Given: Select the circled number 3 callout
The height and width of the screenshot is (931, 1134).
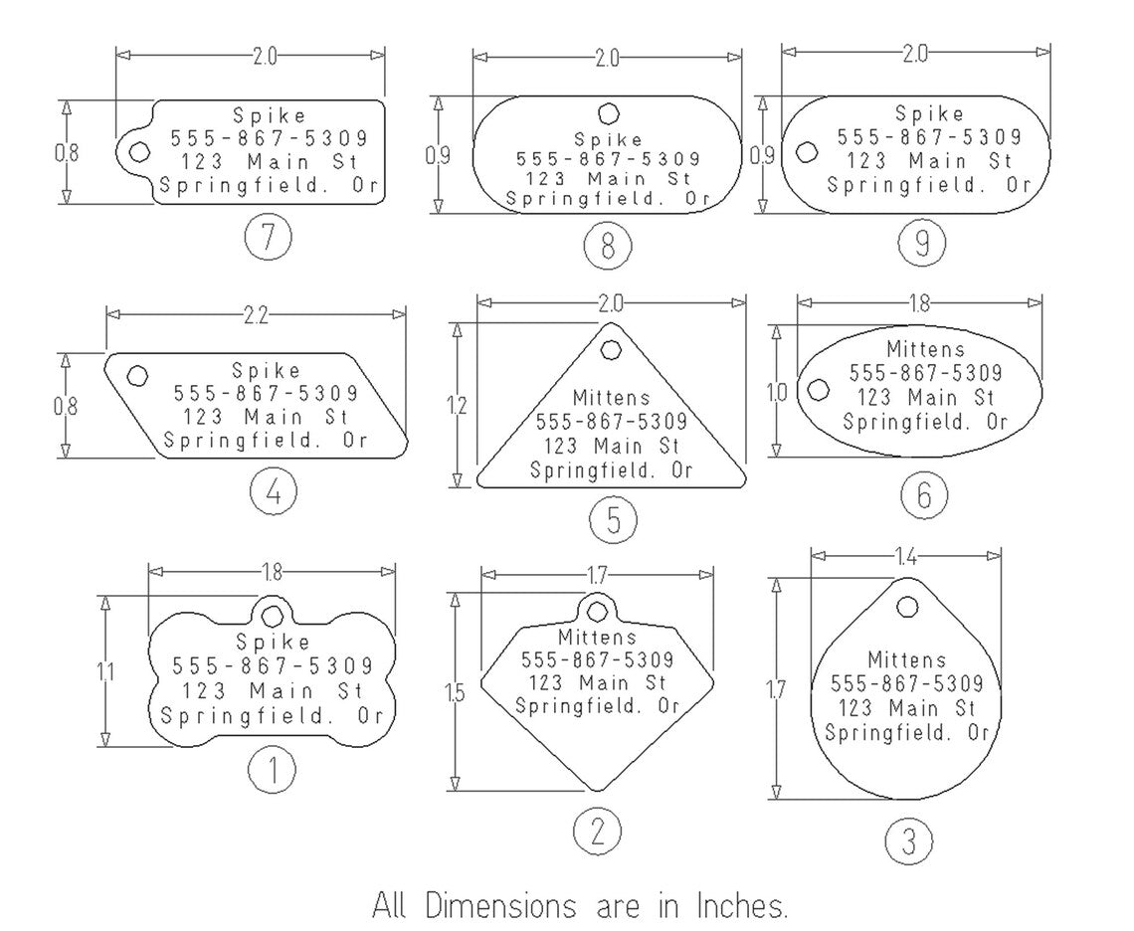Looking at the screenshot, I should [x=907, y=841].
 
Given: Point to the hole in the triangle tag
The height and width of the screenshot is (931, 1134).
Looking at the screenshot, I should [x=610, y=348].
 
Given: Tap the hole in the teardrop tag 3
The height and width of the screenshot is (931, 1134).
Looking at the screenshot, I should [x=907, y=606].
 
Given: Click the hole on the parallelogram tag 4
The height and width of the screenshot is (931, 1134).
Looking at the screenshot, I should [x=138, y=375].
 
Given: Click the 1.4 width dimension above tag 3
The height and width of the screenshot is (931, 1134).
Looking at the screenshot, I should [x=906, y=557].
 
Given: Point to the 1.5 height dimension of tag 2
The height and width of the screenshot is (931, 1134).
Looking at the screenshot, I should [x=455, y=693].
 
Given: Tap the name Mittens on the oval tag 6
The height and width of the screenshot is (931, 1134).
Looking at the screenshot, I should [x=925, y=349].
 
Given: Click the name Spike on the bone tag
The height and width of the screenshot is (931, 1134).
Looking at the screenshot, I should [x=272, y=643].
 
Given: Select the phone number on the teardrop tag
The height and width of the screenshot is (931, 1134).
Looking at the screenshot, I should [x=906, y=683].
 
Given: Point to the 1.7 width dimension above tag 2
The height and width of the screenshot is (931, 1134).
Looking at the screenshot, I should [x=596, y=574].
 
